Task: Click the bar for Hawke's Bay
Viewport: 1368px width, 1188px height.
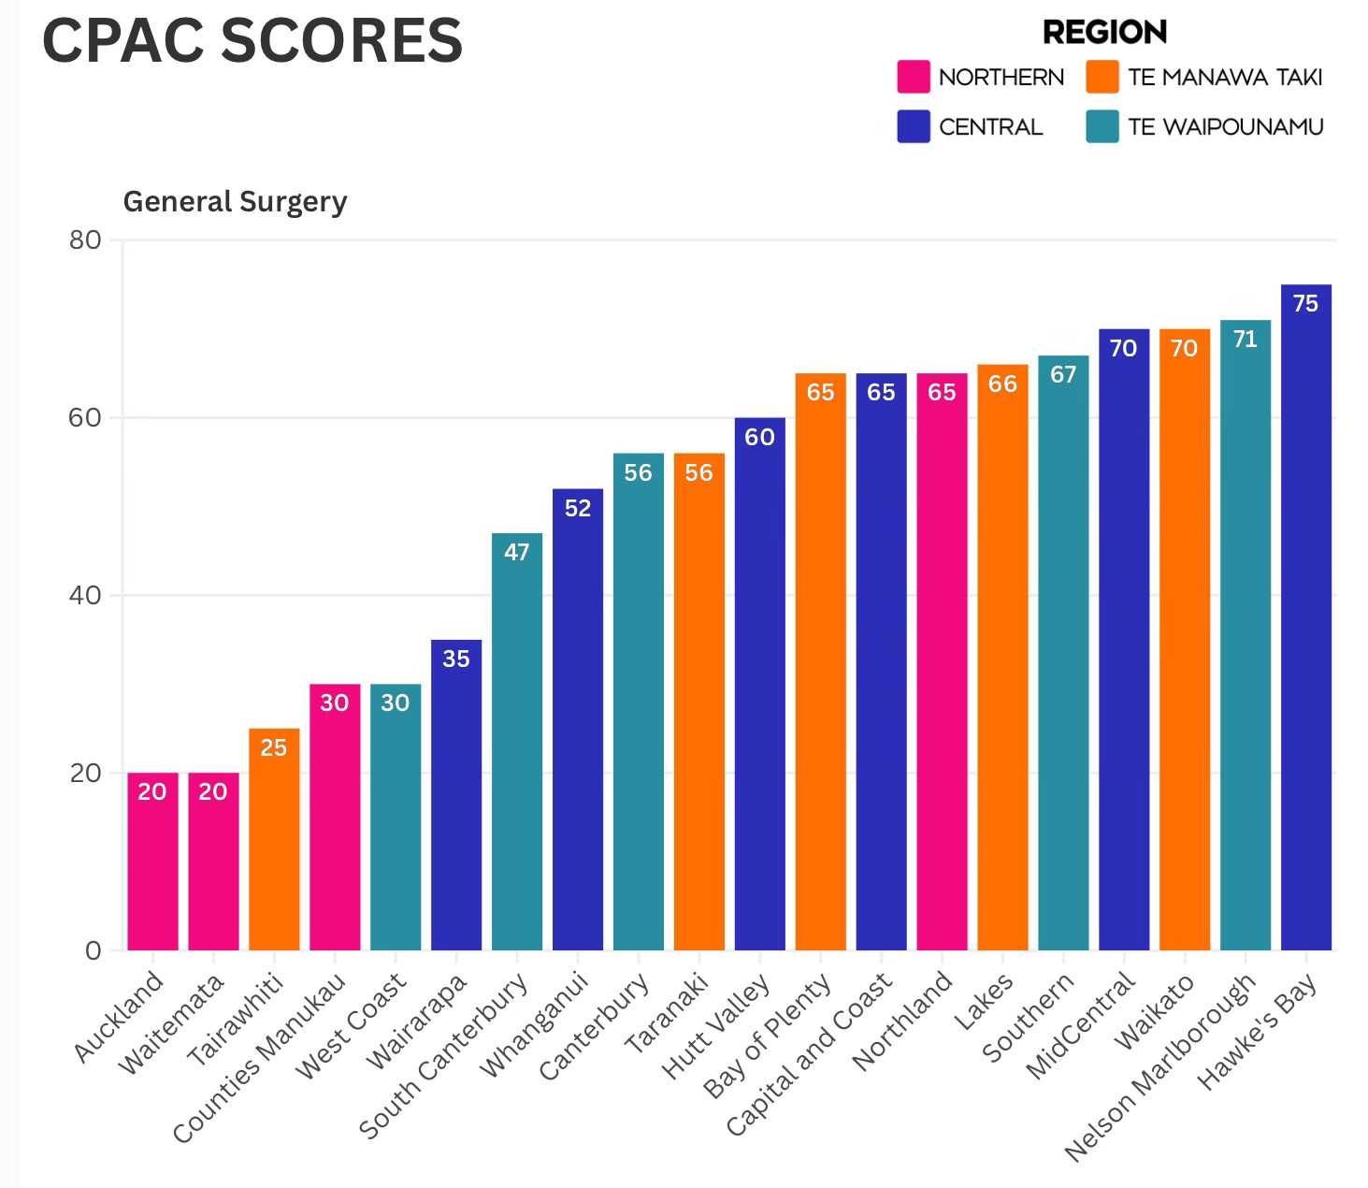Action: (x=1305, y=616)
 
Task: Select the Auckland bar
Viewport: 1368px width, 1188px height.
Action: (x=152, y=862)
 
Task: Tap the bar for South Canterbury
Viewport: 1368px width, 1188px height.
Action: (x=517, y=741)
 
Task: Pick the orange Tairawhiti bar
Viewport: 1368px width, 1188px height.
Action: (x=274, y=839)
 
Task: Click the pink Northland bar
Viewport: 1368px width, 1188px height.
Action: (x=942, y=661)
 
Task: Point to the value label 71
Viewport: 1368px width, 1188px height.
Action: (x=1245, y=340)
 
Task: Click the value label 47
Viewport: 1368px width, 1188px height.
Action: (x=517, y=552)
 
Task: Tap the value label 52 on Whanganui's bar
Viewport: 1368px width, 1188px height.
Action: (x=578, y=508)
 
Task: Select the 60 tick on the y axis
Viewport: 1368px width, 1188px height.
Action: (x=85, y=417)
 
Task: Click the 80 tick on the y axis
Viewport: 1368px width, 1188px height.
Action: (x=85, y=239)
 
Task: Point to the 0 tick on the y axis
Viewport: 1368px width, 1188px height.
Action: (x=93, y=950)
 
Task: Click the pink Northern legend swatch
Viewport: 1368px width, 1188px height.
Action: (x=913, y=77)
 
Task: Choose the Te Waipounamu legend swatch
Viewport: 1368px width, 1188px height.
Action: (x=1102, y=126)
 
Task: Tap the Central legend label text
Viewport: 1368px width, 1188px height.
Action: (x=990, y=126)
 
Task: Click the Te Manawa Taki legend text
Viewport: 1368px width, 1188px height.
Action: (x=1225, y=77)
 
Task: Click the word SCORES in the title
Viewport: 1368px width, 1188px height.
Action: (x=341, y=41)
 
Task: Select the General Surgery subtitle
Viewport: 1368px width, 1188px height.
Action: (x=236, y=201)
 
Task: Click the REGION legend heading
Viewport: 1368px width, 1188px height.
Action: (x=1104, y=32)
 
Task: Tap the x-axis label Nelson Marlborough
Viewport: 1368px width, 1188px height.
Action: (x=1160, y=1067)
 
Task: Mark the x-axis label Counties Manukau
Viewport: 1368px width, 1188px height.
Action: (x=259, y=1058)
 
